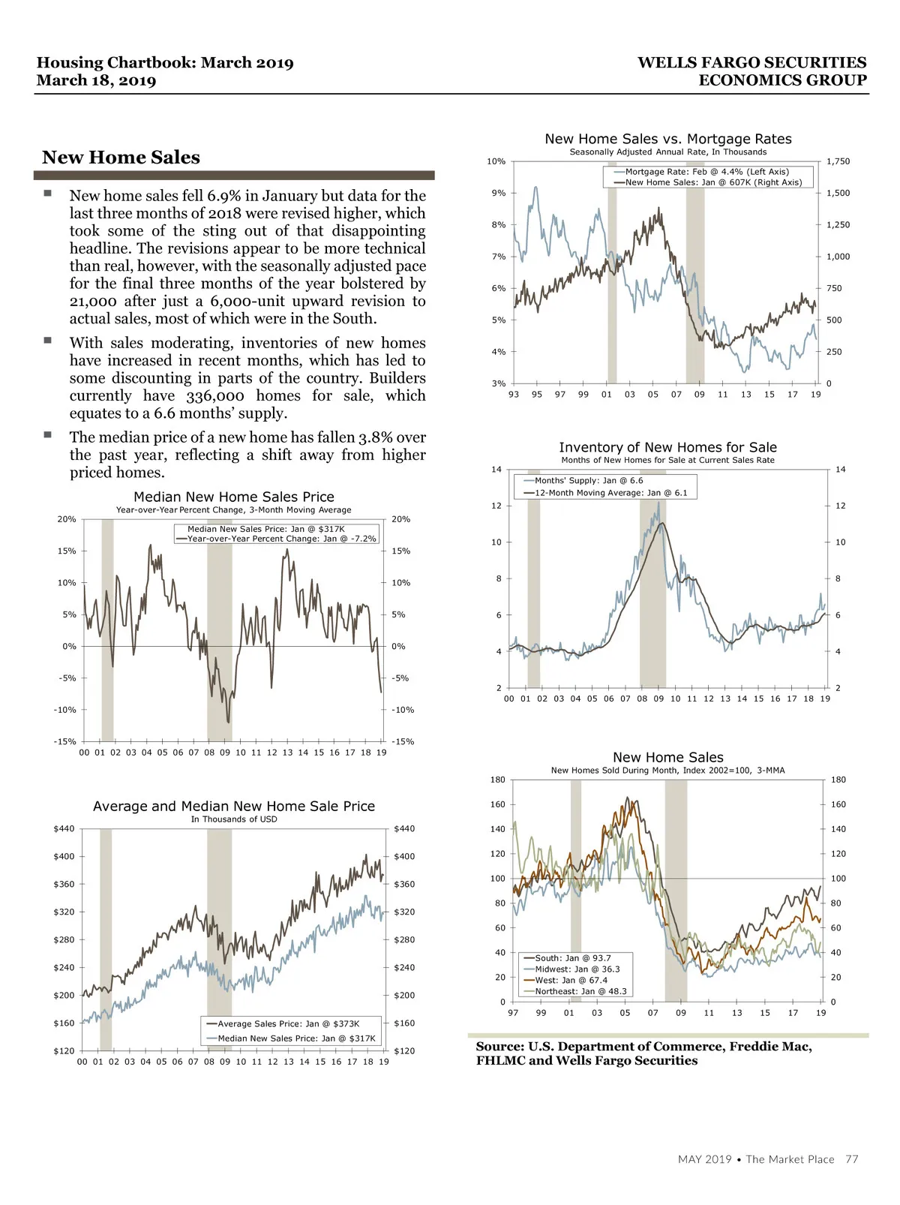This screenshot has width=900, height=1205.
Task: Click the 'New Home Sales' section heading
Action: click(x=121, y=158)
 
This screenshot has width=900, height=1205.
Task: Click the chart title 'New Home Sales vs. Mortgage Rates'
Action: click(x=667, y=139)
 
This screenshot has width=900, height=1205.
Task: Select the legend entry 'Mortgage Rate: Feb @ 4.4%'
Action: click(x=706, y=172)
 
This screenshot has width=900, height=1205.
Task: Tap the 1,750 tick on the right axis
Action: click(x=838, y=161)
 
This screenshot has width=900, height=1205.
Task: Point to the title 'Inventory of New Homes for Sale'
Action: click(x=667, y=447)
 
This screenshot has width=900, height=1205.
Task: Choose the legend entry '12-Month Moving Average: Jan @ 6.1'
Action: click(x=610, y=493)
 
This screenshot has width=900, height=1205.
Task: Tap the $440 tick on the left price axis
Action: click(x=64, y=829)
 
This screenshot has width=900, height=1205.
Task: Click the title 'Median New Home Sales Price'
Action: click(x=234, y=497)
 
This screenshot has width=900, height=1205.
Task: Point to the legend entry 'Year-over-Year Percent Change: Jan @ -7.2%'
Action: click(x=281, y=539)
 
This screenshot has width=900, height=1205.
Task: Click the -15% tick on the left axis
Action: click(x=65, y=742)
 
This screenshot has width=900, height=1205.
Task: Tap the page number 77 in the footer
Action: click(x=851, y=1159)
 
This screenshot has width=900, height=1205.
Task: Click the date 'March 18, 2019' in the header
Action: click(x=96, y=81)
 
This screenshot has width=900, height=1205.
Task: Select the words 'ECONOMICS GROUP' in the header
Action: click(x=782, y=80)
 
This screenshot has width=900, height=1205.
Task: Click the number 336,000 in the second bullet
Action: click(x=215, y=396)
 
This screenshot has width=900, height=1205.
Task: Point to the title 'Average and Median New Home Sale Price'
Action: click(x=234, y=807)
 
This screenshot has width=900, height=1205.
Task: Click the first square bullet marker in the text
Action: click(x=47, y=194)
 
